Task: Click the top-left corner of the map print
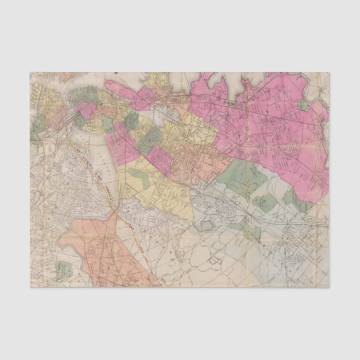click(31, 72)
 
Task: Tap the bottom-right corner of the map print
click(329, 287)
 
